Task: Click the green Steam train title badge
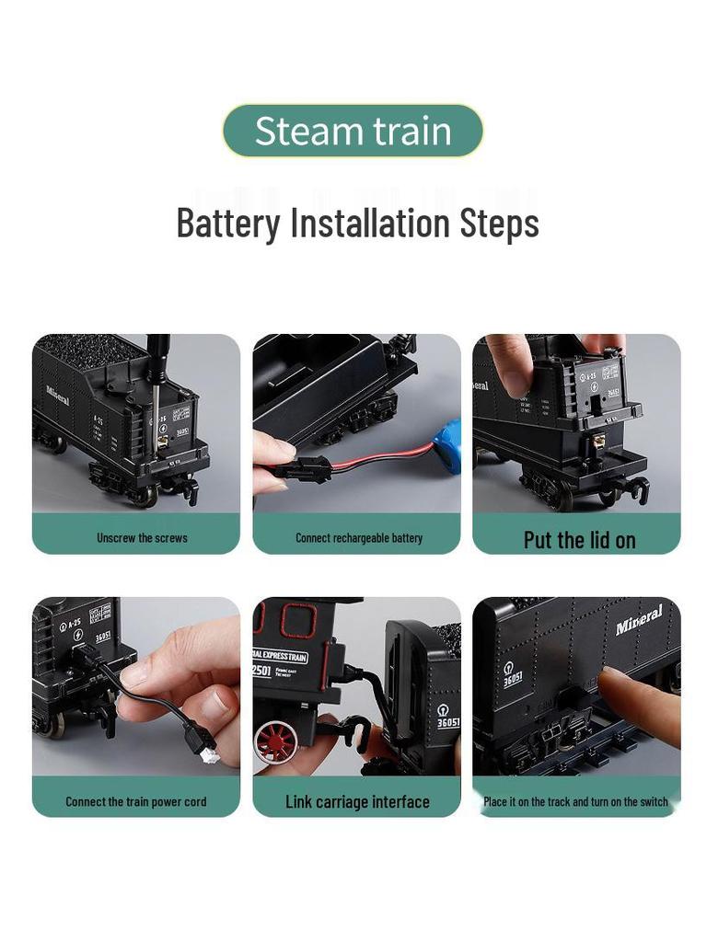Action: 353,131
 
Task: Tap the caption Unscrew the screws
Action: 142,537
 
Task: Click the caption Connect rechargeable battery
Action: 358,537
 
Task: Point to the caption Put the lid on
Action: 579,540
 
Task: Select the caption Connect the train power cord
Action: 136,801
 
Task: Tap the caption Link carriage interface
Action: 357,801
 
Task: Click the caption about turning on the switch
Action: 576,801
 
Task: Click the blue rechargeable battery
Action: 448,445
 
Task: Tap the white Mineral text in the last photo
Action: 639,620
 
